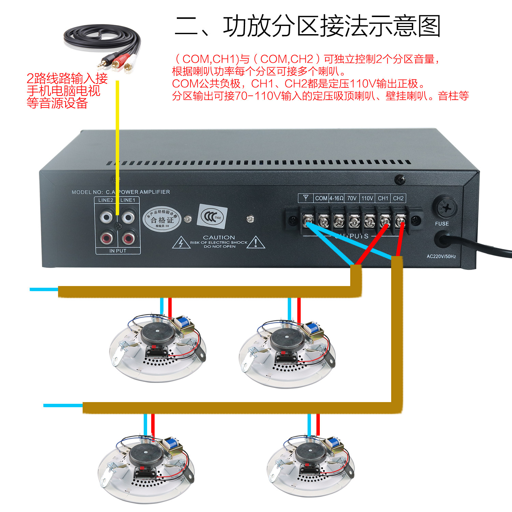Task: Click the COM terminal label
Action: pos(321,198)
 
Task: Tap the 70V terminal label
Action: pos(352,198)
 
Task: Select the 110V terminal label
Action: pos(367,198)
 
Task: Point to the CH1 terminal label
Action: pos(383,198)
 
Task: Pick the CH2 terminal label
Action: pos(398,198)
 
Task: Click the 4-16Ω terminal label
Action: pos(337,198)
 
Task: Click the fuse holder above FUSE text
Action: pos(445,207)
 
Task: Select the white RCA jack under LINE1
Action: pos(128,217)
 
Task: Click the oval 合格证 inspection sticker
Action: pos(162,219)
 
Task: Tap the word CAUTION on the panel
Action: pos(219,237)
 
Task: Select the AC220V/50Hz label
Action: pos(441,256)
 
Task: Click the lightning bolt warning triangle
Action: pos(181,243)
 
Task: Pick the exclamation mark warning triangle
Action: pos(256,243)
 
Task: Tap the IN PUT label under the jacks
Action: pos(118,251)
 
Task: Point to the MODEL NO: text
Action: pos(87,192)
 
